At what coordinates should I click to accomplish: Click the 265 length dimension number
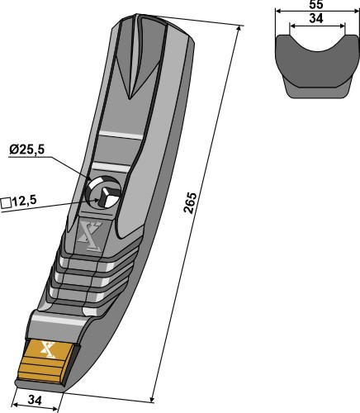[190, 202]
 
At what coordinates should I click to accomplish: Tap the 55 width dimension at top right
[316, 5]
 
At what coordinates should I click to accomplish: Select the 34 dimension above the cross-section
[316, 19]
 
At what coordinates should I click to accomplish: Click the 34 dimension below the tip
[35, 400]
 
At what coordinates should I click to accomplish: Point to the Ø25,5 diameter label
[26, 150]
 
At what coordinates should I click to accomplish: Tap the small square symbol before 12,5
[6, 203]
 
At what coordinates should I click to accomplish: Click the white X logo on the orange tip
[48, 349]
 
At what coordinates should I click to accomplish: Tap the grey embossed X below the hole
[91, 236]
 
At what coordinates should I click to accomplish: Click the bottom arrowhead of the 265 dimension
[151, 400]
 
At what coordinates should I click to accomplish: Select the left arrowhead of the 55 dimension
[278, 11]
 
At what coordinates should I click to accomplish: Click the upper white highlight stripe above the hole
[121, 135]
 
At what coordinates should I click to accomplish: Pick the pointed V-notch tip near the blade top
[129, 97]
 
